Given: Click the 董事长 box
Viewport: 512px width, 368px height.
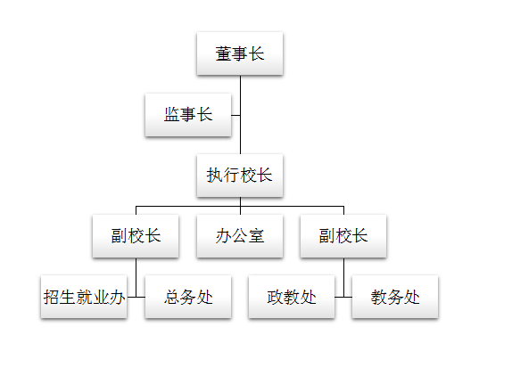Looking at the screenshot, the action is pyautogui.click(x=240, y=53).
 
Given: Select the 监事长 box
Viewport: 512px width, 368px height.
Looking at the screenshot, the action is pyautogui.click(x=188, y=115).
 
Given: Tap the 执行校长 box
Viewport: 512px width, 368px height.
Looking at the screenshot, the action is pyautogui.click(x=240, y=176).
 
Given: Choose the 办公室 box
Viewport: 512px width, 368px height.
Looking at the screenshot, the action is pyautogui.click(x=240, y=236).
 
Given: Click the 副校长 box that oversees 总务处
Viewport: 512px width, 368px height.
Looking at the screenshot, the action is pyautogui.click(x=136, y=236).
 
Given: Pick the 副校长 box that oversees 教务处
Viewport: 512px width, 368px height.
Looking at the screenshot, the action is pyautogui.click(x=343, y=236).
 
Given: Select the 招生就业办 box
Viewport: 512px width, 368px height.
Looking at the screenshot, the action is pyautogui.click(x=84, y=297).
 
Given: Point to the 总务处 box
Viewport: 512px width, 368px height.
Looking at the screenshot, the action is pyautogui.click(x=188, y=297).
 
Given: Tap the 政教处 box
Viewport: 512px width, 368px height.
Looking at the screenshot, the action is pyautogui.click(x=292, y=297).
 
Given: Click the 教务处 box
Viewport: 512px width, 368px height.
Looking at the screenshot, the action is pyautogui.click(x=395, y=297).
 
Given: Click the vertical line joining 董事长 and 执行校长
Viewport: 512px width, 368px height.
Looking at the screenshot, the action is pyautogui.click(x=240, y=115).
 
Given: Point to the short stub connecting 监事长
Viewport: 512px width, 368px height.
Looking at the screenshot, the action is pyautogui.click(x=235, y=115).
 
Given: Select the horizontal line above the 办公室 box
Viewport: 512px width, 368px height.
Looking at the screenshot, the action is pyautogui.click(x=240, y=206).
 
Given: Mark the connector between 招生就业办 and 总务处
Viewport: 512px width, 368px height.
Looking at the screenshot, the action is pyautogui.click(x=136, y=298).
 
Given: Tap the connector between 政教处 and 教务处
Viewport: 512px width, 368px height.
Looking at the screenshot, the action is pyautogui.click(x=343, y=298).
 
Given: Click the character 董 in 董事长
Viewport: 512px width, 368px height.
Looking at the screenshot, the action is pyautogui.click(x=223, y=53).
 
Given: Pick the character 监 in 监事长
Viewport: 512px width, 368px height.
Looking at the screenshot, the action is pyautogui.click(x=172, y=115).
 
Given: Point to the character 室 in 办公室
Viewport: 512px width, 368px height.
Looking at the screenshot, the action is pyautogui.click(x=256, y=236).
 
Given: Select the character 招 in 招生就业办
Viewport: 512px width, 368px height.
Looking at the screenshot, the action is pyautogui.click(x=51, y=297).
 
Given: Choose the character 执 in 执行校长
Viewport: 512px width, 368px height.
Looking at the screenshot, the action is pyautogui.click(x=215, y=176).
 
